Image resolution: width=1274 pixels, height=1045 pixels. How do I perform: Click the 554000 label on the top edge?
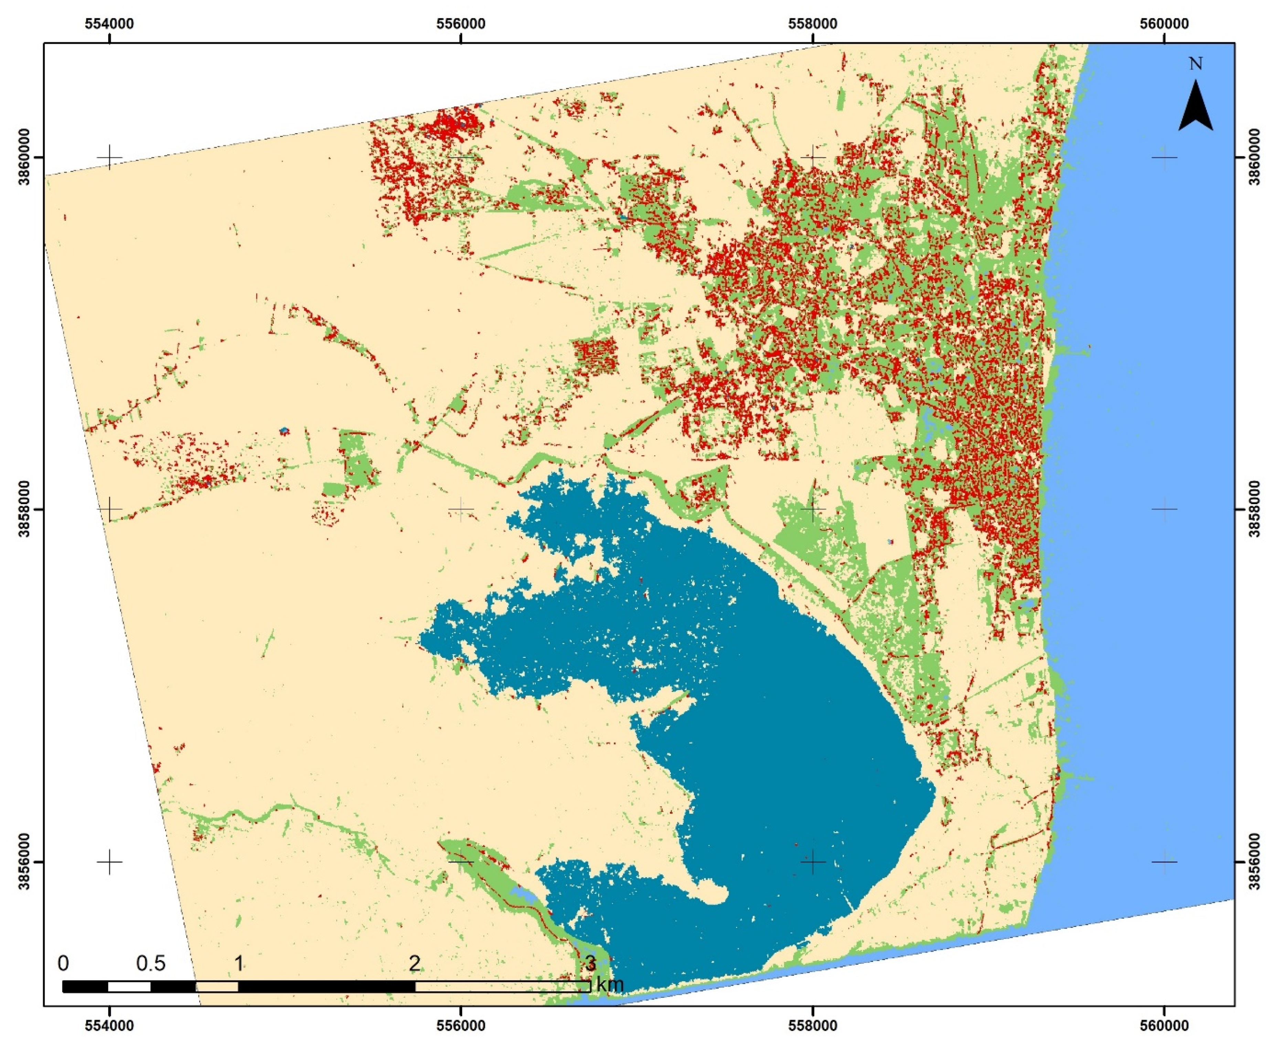[x=109, y=24]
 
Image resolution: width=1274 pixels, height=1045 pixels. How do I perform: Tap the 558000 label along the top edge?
[x=812, y=24]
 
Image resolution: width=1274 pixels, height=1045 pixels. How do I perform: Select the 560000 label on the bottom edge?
[x=1164, y=1025]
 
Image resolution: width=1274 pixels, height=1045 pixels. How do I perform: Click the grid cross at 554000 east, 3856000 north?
[x=109, y=861]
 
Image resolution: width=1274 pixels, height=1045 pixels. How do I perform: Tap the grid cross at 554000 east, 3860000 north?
[x=109, y=158]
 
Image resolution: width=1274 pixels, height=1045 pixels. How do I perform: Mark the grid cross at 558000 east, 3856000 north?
[x=812, y=861]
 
